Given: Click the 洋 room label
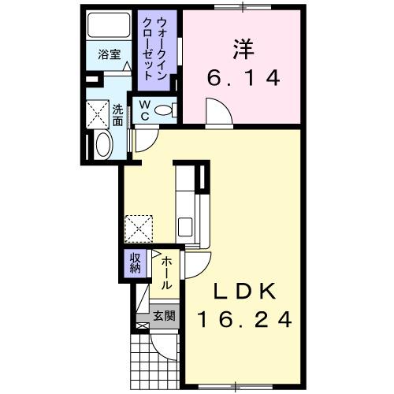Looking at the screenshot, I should click(x=242, y=48).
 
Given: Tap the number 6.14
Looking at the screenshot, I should click(x=242, y=80).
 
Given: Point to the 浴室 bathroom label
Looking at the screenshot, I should click(x=109, y=55).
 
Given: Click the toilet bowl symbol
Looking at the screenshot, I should click(x=165, y=111).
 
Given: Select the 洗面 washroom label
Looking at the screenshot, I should click(x=117, y=116).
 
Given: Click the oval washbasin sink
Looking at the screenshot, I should click(x=103, y=145).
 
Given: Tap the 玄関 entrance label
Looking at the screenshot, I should click(x=164, y=316).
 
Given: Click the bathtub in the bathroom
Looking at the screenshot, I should click(x=110, y=28).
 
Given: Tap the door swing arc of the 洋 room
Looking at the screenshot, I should click(x=217, y=112).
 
